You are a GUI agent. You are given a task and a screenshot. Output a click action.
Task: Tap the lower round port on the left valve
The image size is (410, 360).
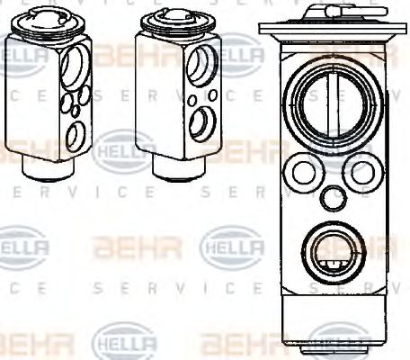[76, 135]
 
